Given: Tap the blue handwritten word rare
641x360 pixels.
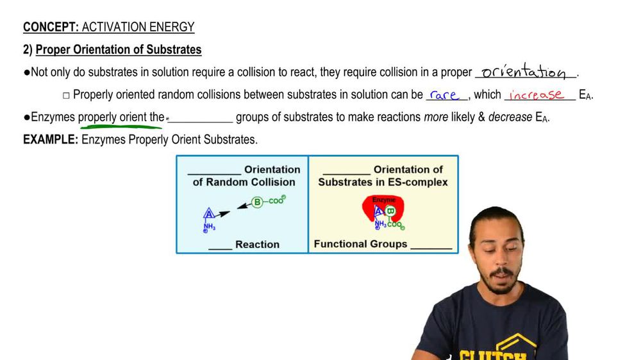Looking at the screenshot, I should pos(444,95).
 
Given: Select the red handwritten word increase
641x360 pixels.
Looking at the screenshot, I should pos(537,95).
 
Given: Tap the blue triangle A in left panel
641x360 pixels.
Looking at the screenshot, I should pos(209,214).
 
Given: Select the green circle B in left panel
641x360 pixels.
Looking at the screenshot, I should pos(257,202).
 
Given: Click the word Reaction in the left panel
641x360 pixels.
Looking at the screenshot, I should pos(257,245).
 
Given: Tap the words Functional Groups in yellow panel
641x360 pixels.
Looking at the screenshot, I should pos(360,244).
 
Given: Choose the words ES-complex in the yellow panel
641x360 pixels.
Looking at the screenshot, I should pos(422,182).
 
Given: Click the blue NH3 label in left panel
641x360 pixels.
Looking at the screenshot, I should pos(209,227).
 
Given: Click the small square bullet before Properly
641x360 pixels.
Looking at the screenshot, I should pos(66,95).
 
